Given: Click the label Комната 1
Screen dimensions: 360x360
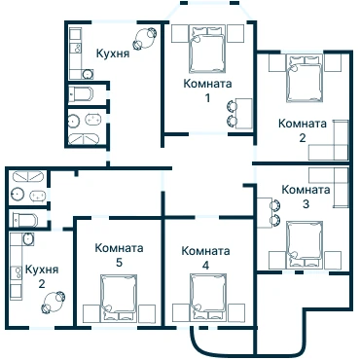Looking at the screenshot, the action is [x=207, y=90].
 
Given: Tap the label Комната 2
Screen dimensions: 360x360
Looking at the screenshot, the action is [x=303, y=130].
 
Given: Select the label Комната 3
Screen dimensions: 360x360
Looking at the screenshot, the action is [x=306, y=197].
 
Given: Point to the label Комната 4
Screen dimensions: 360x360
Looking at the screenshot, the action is [x=205, y=258].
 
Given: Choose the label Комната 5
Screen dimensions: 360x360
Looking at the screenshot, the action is [x=119, y=255].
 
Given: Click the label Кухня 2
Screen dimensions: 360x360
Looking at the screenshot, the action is [x=42, y=276].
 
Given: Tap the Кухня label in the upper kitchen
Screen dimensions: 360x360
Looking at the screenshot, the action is [x=113, y=54].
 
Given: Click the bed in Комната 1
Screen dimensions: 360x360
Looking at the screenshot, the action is [x=207, y=49].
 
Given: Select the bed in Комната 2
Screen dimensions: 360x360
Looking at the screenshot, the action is [x=305, y=78].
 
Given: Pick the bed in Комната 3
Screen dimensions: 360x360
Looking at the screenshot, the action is [x=305, y=245].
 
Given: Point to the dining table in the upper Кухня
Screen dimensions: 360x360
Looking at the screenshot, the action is [x=143, y=39].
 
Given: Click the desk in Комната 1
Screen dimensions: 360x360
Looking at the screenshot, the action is [x=244, y=114].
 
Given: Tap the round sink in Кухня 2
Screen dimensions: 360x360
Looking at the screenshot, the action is [x=28, y=239].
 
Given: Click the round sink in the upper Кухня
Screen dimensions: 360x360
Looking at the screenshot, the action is [x=88, y=74].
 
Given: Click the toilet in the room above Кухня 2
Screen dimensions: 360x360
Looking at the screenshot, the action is [x=25, y=220].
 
